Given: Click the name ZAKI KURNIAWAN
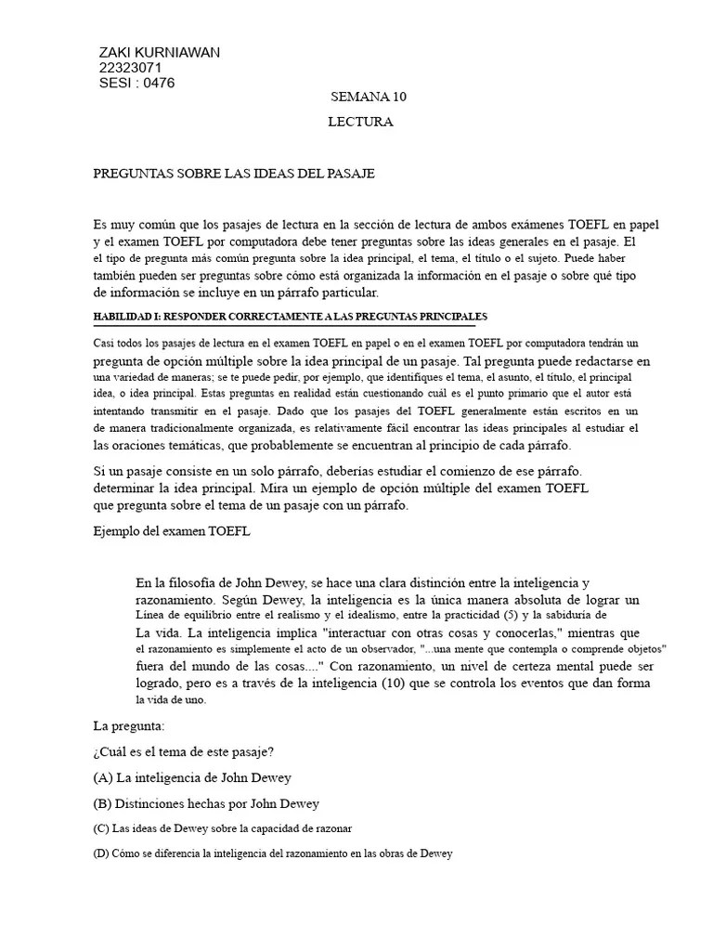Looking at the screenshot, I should tap(159, 52).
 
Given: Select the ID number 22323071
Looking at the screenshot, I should tap(130, 68).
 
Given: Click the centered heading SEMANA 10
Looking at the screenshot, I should tap(369, 97).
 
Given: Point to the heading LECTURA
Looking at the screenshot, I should tap(360, 122).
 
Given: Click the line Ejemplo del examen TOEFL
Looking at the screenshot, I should tap(172, 531).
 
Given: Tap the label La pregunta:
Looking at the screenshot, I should tap(129, 725).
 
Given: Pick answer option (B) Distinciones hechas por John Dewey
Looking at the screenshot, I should tap(206, 803).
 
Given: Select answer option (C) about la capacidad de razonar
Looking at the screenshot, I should tap(223, 827).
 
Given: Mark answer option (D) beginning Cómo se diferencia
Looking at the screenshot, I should tap(273, 853).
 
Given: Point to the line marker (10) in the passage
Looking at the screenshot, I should tap(383, 684).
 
